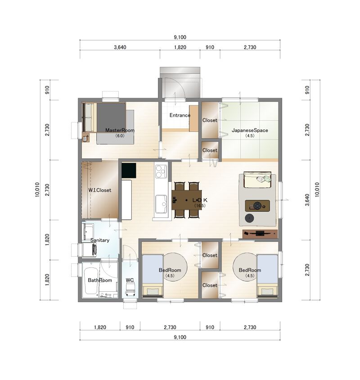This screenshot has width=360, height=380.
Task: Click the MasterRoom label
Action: pyautogui.click(x=120, y=130)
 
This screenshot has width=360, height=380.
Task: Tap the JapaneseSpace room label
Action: pyautogui.click(x=250, y=130)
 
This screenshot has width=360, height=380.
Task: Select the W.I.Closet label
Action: pyautogui.click(x=99, y=190)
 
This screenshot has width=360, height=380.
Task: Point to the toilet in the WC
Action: pyautogui.click(x=130, y=290)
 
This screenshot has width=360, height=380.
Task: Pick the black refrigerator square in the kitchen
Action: pyautogui.click(x=129, y=170)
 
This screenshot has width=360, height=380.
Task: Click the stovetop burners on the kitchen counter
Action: pyautogui.click(x=161, y=171)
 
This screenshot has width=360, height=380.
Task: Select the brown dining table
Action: pyautogui.click(x=186, y=200)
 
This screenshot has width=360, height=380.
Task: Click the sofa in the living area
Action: pyautogui.click(x=257, y=180)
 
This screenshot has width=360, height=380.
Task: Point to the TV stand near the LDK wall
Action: pyautogui.click(x=260, y=234)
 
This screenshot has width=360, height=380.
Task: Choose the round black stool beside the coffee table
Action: pyautogui.click(x=249, y=218)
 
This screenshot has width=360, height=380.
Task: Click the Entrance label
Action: pyautogui.click(x=180, y=115)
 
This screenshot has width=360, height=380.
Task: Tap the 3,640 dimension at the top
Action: pyautogui.click(x=120, y=47)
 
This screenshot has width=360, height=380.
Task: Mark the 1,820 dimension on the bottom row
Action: pyautogui.click(x=100, y=327)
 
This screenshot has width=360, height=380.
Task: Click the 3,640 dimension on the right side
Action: pyautogui.click(x=307, y=200)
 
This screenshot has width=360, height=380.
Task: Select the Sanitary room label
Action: pyautogui.click(x=100, y=240)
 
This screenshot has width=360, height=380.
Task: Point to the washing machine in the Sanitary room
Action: pyautogui.click(x=90, y=249)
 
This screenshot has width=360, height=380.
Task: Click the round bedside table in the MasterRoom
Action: pyautogui.click(x=85, y=138)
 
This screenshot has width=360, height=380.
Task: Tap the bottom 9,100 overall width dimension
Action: pyautogui.click(x=180, y=337)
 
